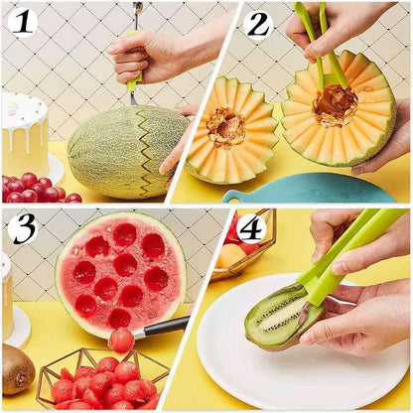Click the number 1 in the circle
pos(22,21)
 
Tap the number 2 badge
pos(259,23)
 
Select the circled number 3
pos(22,227)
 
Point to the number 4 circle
pos(251,228)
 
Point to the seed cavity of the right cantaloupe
pos(337,105)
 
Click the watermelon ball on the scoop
pos(121,341)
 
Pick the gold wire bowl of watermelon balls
pos(99,381)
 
